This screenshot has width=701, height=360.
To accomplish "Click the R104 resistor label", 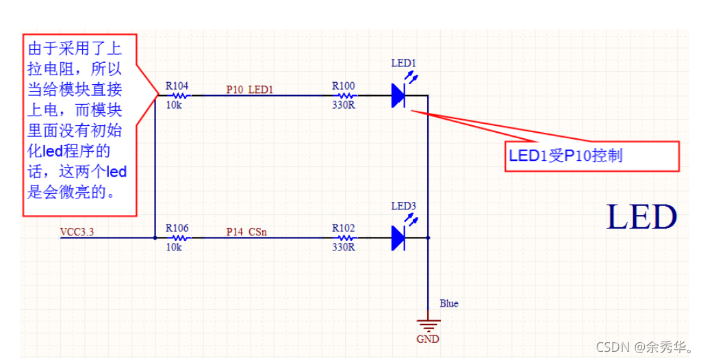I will pos(177,87).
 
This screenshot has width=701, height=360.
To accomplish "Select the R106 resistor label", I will pos(177,229).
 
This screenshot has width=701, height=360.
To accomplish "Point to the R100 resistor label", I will pos(344,86).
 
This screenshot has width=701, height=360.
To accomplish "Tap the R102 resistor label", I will pos(344,229).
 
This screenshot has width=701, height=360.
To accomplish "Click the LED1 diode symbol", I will pos(399,95).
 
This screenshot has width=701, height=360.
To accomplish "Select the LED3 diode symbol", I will pos(399,237).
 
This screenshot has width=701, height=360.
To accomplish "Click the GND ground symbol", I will pos(428,326).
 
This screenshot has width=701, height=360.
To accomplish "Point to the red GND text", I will pos(428,339).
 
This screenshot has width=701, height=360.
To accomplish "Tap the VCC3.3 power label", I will pos(77,231).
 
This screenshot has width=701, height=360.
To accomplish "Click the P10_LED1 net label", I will pos(250,89).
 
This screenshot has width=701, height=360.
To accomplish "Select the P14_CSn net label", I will pos(246,231).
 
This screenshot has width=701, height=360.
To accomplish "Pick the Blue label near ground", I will pos(449,303).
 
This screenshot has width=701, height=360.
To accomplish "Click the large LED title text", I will pos(641,217).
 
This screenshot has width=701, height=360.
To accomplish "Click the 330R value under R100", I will pos(344,105).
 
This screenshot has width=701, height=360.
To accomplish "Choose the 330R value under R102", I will pos(344,247).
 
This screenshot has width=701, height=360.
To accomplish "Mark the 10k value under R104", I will pos(174,105).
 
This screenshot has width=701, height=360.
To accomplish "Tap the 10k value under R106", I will pos(174,247).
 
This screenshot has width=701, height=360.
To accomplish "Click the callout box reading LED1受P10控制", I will pos(592,156).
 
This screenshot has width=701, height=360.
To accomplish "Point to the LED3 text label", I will pos(403,205).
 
